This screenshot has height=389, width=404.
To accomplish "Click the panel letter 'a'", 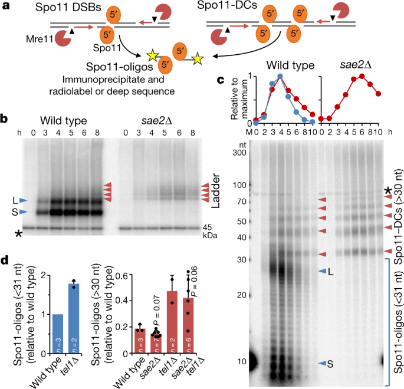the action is (6, 5).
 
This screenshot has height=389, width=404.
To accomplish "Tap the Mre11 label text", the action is (40, 39).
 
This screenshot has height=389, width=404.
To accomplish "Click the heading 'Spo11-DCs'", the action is (227, 5).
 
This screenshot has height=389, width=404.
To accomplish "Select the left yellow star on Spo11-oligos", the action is (152, 56).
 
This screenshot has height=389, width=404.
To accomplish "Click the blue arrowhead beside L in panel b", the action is (23, 200).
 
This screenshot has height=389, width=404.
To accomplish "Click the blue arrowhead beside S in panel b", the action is (23, 212).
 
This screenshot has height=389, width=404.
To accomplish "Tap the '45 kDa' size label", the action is (210, 231).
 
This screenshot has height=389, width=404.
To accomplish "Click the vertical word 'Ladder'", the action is (215, 191).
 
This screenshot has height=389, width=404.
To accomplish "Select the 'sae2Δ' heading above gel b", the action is (157, 121).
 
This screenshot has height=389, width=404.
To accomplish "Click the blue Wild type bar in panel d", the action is (58, 334).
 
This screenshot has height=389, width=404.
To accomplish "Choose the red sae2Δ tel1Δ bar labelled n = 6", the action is (188, 326).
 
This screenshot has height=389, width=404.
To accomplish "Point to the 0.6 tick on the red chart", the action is (123, 275).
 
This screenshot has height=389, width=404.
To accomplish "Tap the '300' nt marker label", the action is (239, 153).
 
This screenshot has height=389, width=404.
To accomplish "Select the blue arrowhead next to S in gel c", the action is (322, 363).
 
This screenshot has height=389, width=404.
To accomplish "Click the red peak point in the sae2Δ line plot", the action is (362, 76).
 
